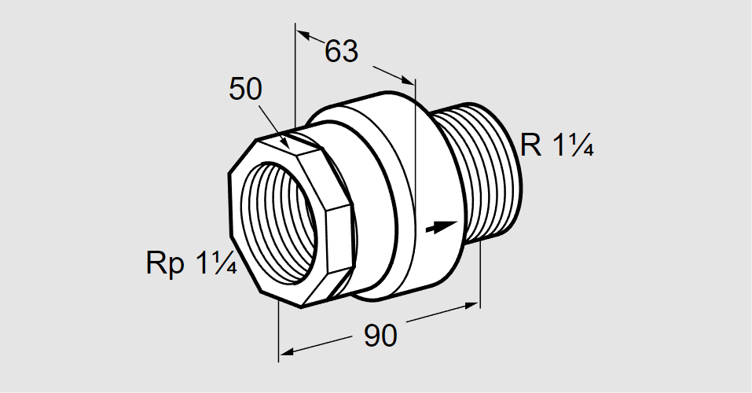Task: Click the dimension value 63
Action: tap(342, 51)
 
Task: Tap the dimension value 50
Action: tap(245, 89)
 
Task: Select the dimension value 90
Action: tap(380, 336)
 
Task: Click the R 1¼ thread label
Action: tap(557, 145)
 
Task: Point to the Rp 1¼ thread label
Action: tap(192, 263)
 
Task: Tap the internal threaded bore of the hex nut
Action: tap(278, 223)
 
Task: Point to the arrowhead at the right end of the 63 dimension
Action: tap(407, 79)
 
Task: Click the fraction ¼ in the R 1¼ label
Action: tap(581, 145)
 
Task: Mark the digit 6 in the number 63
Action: tap(333, 51)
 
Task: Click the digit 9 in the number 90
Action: tap(372, 336)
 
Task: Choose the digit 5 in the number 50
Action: tap(237, 89)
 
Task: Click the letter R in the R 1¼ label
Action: tap(530, 145)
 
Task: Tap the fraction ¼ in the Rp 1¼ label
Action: tap(225, 263)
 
